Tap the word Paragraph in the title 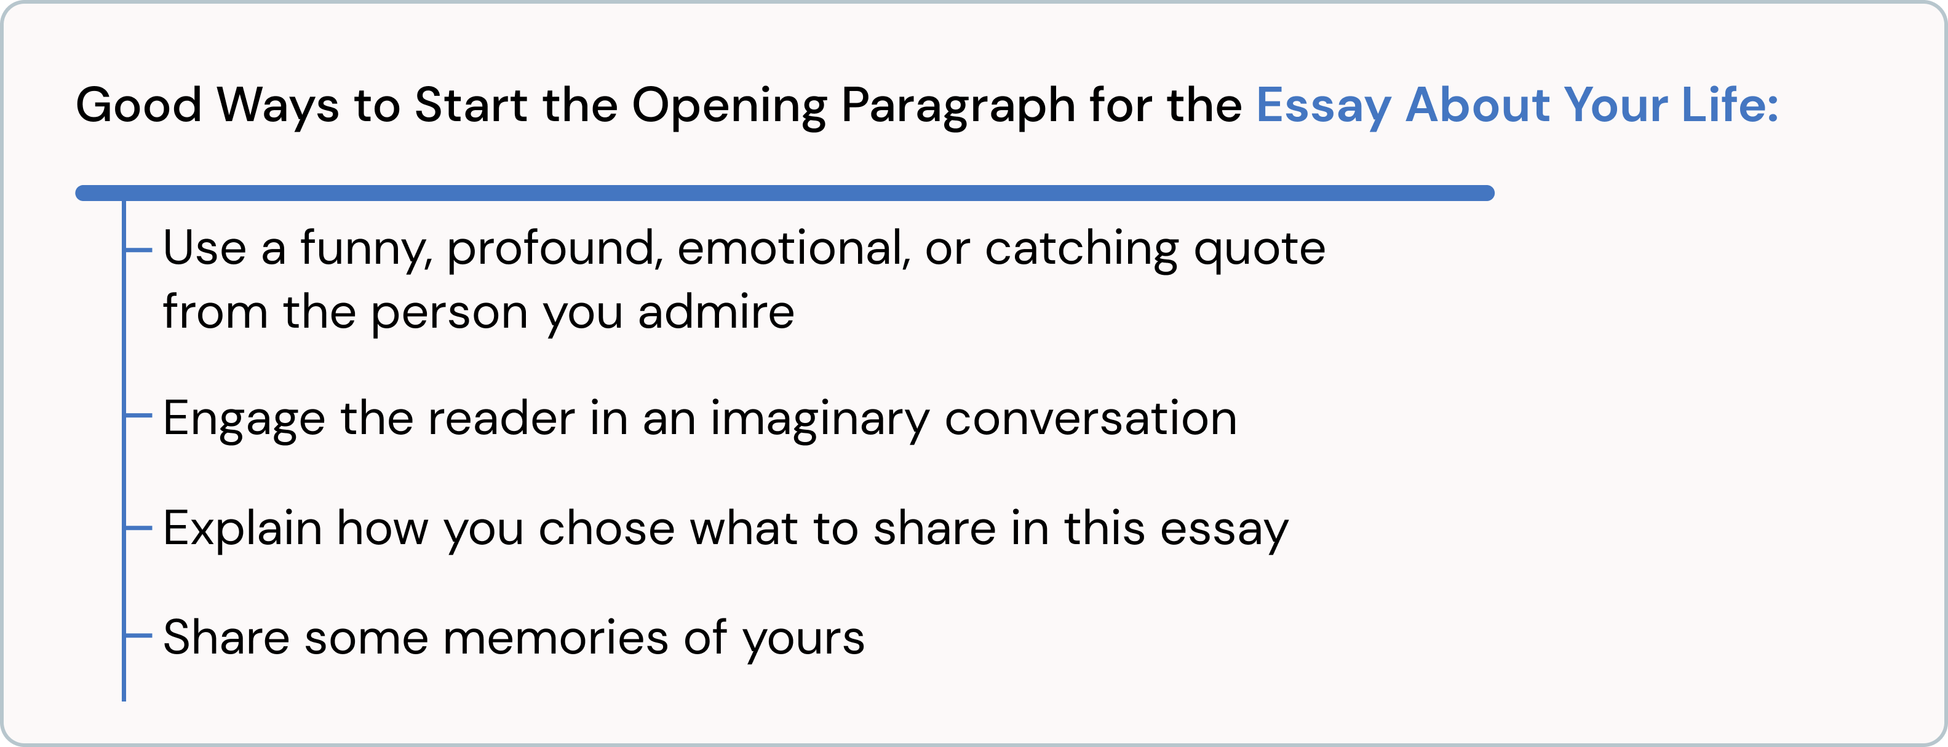958,106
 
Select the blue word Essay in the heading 1322,106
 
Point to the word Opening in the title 729,106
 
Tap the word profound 554,250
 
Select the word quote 1259,250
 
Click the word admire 715,312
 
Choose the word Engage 244,420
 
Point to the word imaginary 819,420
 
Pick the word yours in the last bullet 803,639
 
